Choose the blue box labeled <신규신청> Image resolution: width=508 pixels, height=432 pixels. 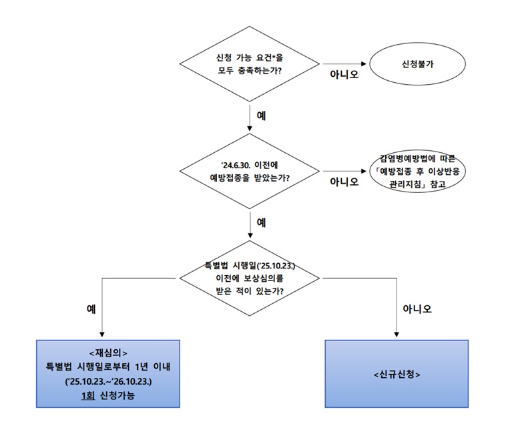[x=397, y=374]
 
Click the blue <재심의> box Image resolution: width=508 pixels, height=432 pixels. [x=107, y=374]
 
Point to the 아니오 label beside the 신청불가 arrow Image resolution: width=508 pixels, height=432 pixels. [x=344, y=75]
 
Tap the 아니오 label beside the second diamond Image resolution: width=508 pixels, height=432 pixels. [x=344, y=182]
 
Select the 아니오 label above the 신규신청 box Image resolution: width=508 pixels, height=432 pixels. [x=417, y=309]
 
